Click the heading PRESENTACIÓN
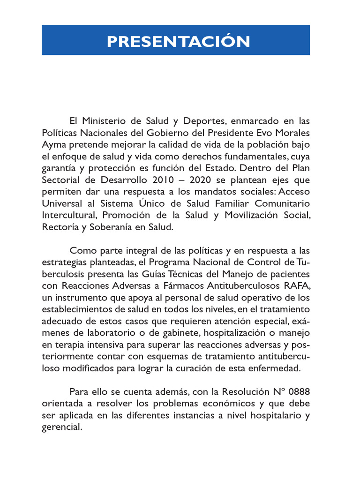[x=178, y=41]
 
